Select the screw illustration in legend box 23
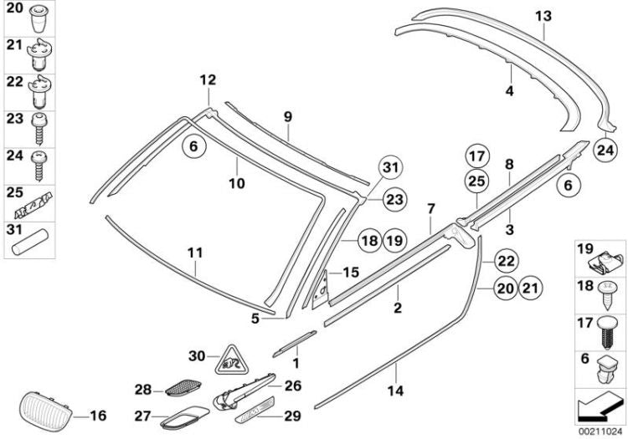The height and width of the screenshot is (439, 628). pos(39,125)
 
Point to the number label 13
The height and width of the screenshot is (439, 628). pos(543,15)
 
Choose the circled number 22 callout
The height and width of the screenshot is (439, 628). pos(507,260)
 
